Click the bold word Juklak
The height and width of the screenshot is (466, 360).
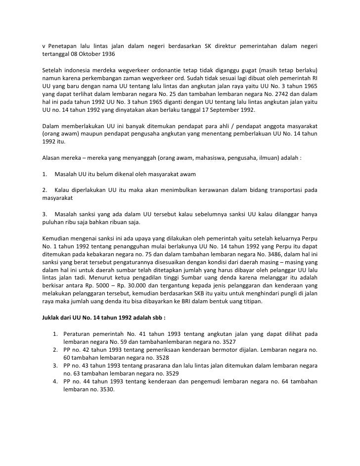pos(51,316)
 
